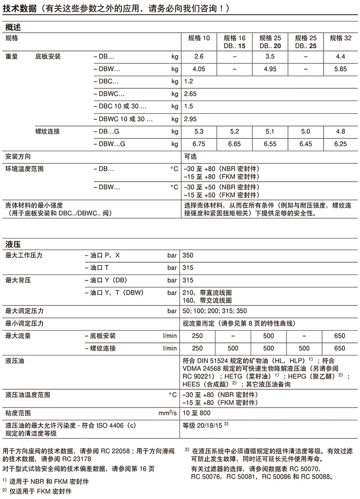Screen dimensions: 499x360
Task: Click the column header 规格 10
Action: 199,38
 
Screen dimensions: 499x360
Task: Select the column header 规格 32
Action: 340,38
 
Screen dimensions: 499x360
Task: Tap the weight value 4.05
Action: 199,69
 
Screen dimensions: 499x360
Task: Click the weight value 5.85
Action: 340,69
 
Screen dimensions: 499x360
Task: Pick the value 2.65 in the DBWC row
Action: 190,94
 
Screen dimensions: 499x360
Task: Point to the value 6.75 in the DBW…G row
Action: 199,144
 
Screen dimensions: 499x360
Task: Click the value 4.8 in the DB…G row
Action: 340,132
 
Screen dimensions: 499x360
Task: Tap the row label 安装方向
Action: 18,156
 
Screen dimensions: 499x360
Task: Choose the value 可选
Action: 190,156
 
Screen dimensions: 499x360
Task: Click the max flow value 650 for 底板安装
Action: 340,336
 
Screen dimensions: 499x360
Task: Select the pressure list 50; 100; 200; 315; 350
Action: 214,311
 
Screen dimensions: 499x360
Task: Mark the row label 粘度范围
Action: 18,413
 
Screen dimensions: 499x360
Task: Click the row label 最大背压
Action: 18,280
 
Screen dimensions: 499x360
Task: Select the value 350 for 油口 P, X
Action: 188,255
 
